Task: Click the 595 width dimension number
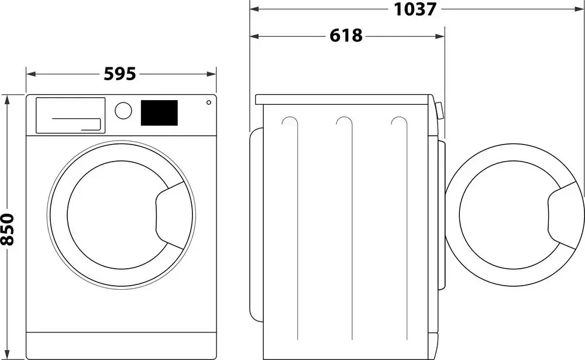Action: point(120,74)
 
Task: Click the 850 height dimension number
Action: point(8,229)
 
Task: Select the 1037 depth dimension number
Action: point(415,9)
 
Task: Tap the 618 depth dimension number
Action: point(346,36)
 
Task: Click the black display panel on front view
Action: point(159,112)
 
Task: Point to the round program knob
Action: point(123,111)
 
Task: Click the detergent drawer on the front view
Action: point(70,115)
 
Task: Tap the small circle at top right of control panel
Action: point(208,102)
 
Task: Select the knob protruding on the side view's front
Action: point(439,111)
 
